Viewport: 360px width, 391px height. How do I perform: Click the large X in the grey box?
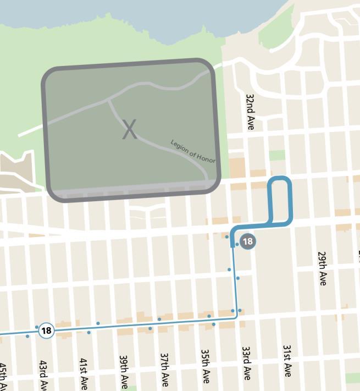129,130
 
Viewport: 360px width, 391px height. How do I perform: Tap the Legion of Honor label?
192,151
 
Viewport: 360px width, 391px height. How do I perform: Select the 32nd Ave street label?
250,112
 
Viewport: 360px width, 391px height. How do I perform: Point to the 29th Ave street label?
322,268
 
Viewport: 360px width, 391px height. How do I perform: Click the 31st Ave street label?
287,361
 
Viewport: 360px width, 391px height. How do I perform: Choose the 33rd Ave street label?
246,363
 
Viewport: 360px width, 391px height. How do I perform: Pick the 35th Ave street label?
205,366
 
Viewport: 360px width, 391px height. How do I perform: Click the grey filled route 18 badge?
248,241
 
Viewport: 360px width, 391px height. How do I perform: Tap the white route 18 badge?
46,331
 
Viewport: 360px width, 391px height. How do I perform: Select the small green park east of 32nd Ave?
277,155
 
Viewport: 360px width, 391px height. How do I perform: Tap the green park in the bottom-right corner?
352,378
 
